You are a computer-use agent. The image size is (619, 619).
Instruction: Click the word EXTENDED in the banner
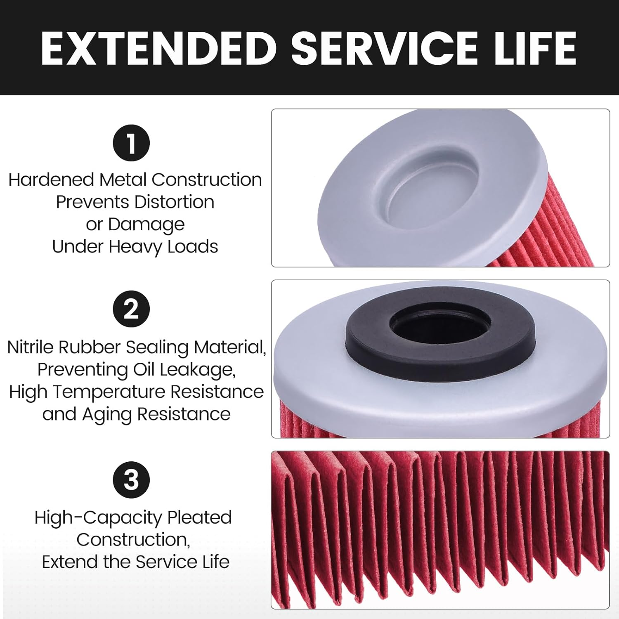159,48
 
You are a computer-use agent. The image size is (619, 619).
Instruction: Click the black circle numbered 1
131,143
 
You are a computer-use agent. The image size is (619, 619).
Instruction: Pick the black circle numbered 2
131,309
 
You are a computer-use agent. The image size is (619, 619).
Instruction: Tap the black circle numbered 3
131,480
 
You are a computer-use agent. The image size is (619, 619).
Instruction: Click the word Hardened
51,180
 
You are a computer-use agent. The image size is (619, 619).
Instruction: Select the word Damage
146,225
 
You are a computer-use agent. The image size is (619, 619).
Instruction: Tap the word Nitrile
31,347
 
